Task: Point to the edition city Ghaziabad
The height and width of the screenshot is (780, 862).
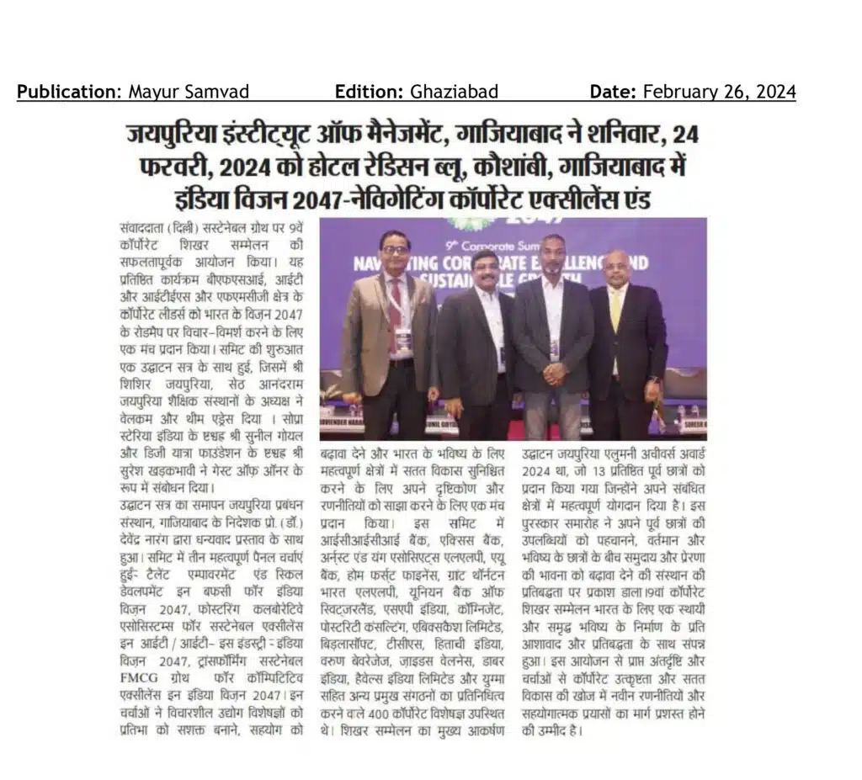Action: (x=455, y=92)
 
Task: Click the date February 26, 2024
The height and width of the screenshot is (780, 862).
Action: (x=720, y=92)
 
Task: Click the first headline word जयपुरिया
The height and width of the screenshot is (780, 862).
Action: (x=173, y=134)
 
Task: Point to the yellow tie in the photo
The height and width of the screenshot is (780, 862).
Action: (x=615, y=311)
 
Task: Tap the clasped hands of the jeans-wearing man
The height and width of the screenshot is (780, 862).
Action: (x=553, y=371)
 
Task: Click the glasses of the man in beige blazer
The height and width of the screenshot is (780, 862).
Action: (x=395, y=250)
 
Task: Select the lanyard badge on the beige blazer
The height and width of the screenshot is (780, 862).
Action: (x=404, y=341)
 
